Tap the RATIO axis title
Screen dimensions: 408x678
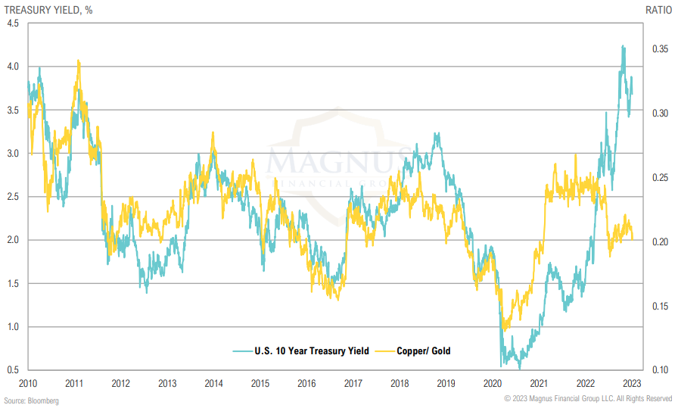click(657, 10)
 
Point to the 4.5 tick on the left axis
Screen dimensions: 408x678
click(13, 23)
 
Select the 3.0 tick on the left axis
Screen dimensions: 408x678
click(13, 153)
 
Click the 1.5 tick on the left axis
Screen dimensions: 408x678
click(13, 283)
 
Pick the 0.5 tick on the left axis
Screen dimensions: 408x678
click(13, 370)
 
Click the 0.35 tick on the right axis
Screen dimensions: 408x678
click(658, 49)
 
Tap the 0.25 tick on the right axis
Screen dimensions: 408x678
click(658, 178)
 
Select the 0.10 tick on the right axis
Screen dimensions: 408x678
click(658, 370)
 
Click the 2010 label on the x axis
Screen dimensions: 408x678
click(28, 383)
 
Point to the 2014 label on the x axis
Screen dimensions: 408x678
click(213, 383)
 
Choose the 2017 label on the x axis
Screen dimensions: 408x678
click(353, 383)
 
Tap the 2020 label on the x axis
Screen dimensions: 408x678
click(493, 383)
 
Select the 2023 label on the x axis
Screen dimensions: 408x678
click(632, 383)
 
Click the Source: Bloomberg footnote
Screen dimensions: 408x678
click(31, 400)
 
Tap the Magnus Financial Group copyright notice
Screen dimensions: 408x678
click(587, 399)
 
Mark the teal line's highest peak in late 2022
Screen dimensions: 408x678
click(623, 46)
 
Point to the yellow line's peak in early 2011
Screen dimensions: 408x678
click(79, 61)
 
